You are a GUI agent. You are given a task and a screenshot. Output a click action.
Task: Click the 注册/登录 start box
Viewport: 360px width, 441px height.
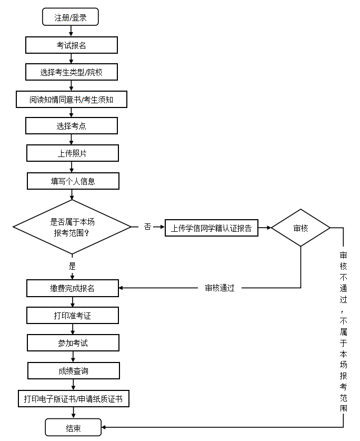[71, 17]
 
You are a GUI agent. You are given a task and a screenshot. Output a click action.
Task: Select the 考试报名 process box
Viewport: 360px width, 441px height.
[72, 45]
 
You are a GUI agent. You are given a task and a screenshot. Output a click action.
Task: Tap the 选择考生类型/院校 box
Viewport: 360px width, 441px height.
[72, 72]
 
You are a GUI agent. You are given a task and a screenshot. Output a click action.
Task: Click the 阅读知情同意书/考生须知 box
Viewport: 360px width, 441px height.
[72, 99]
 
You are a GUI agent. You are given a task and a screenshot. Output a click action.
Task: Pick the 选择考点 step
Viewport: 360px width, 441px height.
[72, 126]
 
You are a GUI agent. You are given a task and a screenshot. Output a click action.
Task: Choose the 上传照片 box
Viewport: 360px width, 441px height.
[73, 153]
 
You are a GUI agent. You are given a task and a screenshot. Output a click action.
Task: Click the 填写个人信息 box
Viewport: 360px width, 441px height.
[73, 181]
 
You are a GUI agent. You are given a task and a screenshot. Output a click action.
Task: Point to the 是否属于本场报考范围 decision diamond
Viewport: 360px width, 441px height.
[72, 227]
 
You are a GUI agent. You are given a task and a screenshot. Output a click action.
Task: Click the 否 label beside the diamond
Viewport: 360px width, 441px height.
[147, 227]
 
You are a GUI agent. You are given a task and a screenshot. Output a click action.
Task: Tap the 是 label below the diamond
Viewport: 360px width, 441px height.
[72, 266]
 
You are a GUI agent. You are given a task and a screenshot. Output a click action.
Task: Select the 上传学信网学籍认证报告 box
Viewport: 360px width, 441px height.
[212, 228]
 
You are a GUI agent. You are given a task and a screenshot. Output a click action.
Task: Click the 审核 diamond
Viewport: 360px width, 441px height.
[301, 228]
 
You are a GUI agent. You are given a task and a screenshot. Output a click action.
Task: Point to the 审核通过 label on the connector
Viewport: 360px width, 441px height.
[219, 288]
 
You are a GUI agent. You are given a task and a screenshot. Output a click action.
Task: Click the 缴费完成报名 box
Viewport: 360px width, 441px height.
[73, 288]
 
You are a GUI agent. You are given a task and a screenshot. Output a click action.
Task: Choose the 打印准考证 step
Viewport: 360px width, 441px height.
[73, 316]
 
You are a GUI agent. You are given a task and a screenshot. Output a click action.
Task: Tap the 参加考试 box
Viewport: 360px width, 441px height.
[73, 343]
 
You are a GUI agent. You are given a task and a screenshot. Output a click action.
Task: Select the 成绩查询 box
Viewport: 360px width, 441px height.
[73, 370]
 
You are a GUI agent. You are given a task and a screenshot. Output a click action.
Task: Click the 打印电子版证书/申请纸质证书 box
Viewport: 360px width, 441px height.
[73, 399]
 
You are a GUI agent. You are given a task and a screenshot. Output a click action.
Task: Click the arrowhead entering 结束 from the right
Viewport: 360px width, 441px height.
[105, 428]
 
